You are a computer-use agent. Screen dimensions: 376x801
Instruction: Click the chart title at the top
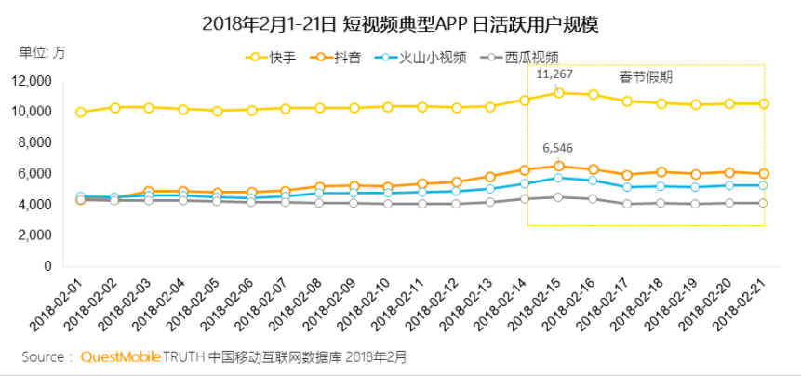tap(400, 23)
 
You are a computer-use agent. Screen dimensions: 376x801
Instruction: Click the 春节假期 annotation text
tap(646, 76)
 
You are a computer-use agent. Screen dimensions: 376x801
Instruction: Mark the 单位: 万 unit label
tap(43, 50)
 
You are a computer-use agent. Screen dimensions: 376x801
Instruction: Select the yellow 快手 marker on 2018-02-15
tap(559, 92)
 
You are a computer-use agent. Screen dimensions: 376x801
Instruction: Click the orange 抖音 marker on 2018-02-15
tap(559, 166)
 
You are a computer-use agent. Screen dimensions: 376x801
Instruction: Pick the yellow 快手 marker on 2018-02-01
tap(81, 112)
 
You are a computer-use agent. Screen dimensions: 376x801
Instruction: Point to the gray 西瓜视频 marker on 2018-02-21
tap(764, 203)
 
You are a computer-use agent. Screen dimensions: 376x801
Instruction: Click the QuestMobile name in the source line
tap(120, 356)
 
